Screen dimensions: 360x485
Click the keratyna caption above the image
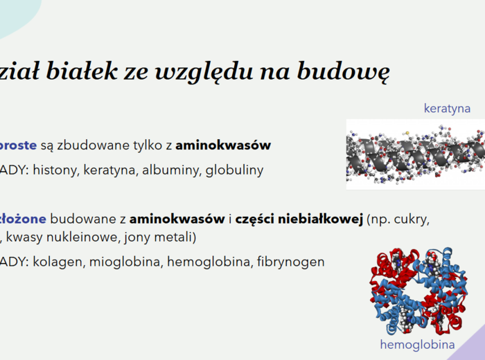pyautogui.click(x=447, y=109)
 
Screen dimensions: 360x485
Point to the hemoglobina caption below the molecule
pyautogui.click(x=417, y=345)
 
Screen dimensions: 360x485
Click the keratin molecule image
pyautogui.click(x=416, y=154)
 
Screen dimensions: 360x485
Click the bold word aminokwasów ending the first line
pyautogui.click(x=223, y=145)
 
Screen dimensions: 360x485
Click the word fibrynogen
pyautogui.click(x=290, y=262)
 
